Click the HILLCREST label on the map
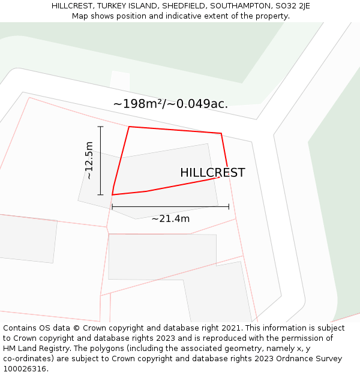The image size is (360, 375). pyautogui.click(x=212, y=173)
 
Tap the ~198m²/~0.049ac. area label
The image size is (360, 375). pyautogui.click(x=170, y=104)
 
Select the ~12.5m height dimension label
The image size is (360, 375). pyautogui.click(x=89, y=160)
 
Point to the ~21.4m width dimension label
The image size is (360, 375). pyautogui.click(x=170, y=219)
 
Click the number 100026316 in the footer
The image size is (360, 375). pyautogui.click(x=25, y=369)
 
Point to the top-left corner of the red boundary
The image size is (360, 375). pyautogui.click(x=129, y=127)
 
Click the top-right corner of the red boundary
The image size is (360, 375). pyautogui.click(x=221, y=133)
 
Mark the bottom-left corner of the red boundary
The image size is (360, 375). pyautogui.click(x=112, y=195)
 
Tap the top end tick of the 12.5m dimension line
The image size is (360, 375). pyautogui.click(x=100, y=127)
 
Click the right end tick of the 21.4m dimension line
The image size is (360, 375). pyautogui.click(x=229, y=206)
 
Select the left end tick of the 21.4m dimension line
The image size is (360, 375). pyautogui.click(x=112, y=206)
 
